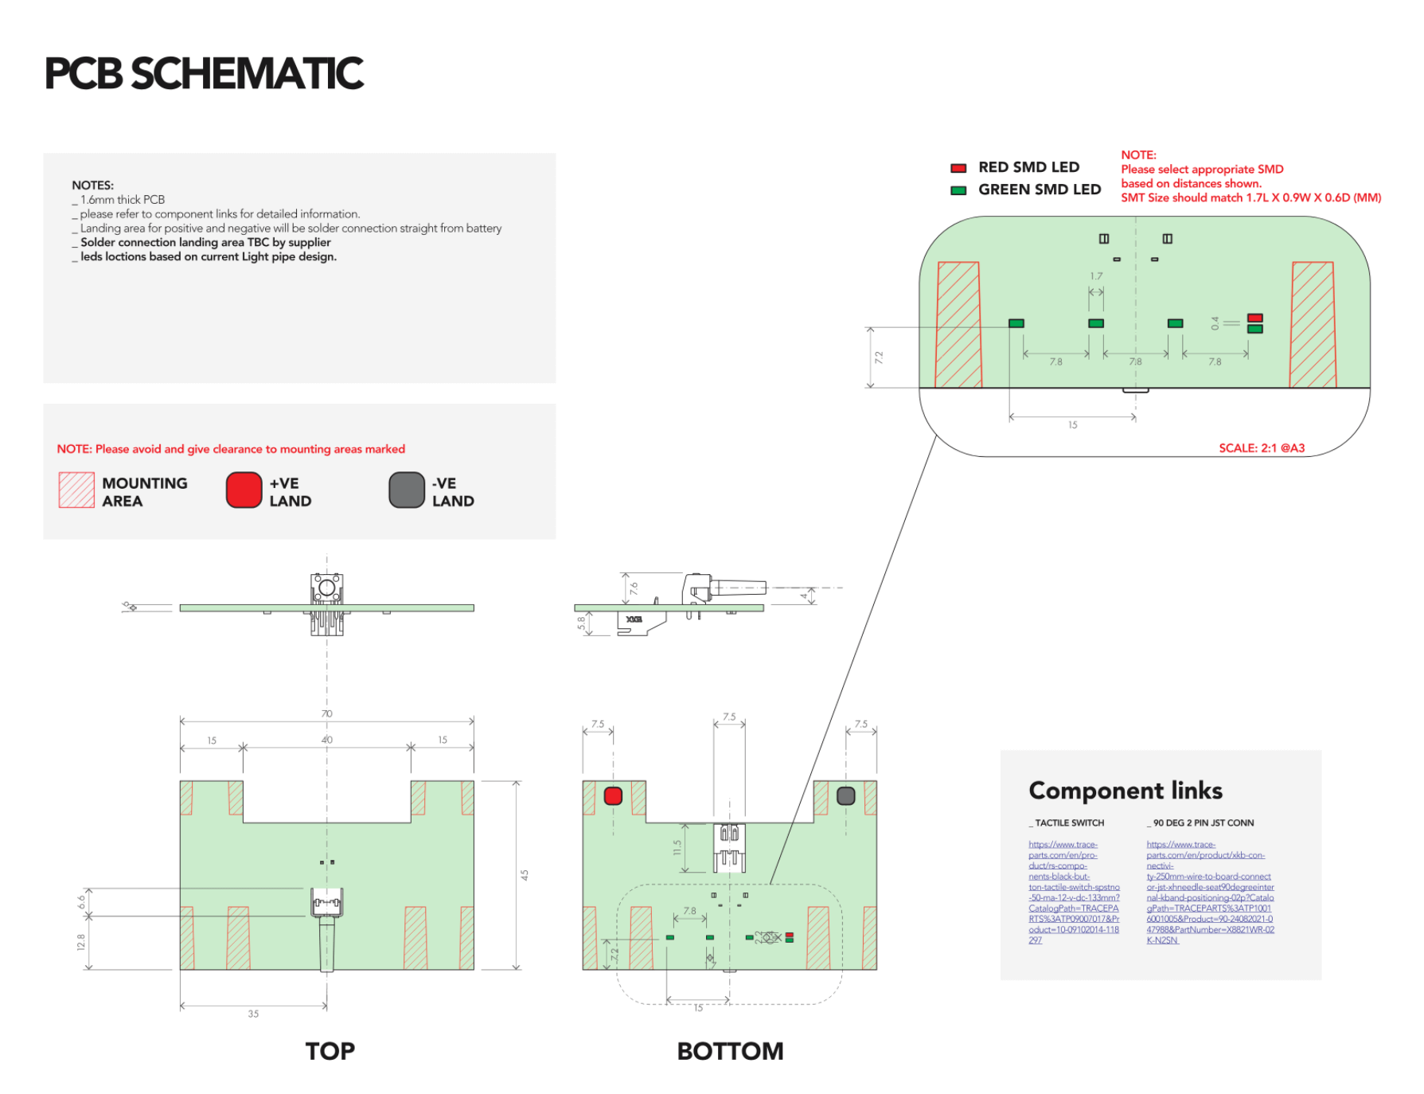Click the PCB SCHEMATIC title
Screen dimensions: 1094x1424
tap(204, 73)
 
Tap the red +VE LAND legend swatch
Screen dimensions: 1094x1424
tap(244, 490)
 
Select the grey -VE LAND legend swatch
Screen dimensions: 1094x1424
tap(406, 490)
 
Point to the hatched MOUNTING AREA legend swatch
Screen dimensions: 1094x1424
tap(76, 490)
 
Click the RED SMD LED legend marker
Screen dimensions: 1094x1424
tap(958, 168)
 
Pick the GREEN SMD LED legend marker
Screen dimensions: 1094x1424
tap(958, 190)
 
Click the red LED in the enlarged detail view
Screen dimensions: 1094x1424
tap(1254, 318)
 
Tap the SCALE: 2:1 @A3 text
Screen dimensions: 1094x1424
tap(1262, 448)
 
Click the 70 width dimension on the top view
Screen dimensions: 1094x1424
tap(326, 713)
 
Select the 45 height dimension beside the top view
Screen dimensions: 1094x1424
tap(525, 875)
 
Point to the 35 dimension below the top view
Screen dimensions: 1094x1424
tap(253, 1014)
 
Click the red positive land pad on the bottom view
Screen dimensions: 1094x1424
tap(613, 795)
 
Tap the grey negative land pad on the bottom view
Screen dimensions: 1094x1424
tap(846, 795)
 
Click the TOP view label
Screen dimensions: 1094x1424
tap(330, 1051)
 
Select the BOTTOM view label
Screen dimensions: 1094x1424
tap(730, 1051)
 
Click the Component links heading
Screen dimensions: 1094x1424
tap(1125, 791)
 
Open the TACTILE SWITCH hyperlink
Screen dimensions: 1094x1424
tap(1073, 892)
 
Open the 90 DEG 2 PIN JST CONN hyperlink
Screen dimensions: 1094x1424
tap(1209, 892)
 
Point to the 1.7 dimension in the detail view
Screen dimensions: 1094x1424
tap(1096, 276)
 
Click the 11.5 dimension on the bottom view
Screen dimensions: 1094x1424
tap(677, 848)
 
